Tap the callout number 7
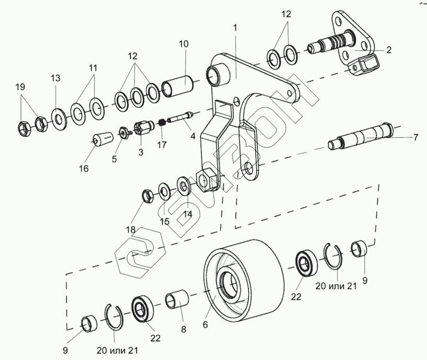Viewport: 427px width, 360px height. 416,137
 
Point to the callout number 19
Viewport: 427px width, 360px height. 20,87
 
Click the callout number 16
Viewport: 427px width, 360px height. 84,168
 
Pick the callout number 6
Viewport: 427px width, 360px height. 205,323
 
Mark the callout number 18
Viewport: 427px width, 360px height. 130,230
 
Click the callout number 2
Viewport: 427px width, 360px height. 389,50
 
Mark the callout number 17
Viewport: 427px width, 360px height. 161,145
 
